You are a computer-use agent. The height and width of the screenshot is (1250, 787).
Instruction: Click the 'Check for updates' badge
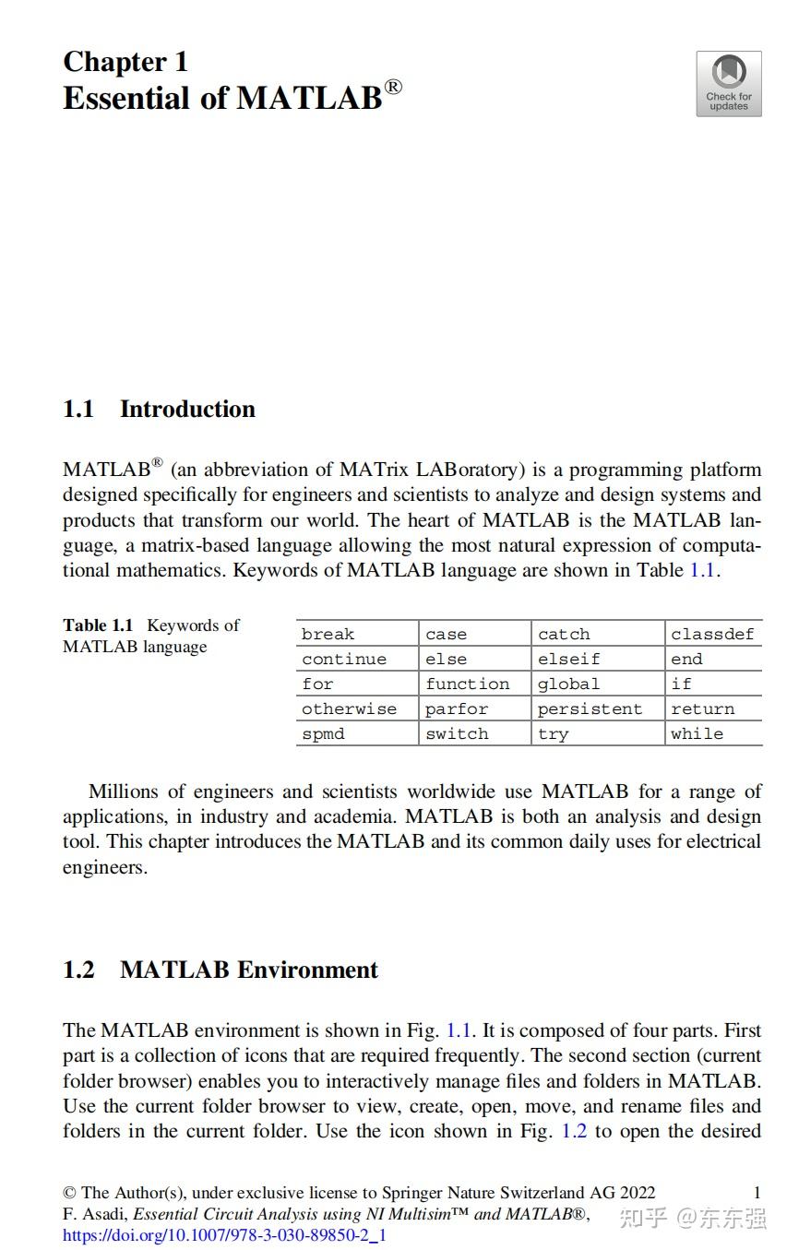tap(728, 84)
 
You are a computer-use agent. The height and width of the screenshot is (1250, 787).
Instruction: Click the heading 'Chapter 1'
tap(125, 62)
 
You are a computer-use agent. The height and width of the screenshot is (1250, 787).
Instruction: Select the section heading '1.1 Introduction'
tap(159, 409)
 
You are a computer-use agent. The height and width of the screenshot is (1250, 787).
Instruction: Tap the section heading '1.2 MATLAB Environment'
tap(221, 970)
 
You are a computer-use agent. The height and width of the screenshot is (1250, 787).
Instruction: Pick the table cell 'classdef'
tap(712, 634)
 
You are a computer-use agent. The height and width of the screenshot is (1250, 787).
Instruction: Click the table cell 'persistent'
tap(590, 708)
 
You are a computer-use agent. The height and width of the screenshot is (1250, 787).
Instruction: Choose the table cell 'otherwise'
tap(349, 708)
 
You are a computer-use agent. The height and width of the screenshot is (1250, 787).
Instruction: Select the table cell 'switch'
tap(457, 733)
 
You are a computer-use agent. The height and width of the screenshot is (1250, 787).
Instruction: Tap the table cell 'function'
tap(467, 684)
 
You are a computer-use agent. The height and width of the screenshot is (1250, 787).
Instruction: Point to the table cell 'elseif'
tap(568, 659)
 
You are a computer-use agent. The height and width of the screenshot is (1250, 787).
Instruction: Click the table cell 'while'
tap(697, 733)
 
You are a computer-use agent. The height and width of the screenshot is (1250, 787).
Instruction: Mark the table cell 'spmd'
tap(323, 733)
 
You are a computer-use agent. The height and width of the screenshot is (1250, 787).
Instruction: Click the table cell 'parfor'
tap(457, 708)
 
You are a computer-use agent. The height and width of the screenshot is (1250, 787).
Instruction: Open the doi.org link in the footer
tap(224, 1234)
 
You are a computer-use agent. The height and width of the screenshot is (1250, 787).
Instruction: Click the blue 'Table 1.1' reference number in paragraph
tap(702, 570)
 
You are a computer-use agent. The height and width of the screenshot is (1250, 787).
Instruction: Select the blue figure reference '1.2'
tap(574, 1131)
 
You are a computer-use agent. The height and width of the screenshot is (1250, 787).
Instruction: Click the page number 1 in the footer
tap(757, 1193)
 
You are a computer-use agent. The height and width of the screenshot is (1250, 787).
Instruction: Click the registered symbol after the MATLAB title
tap(394, 87)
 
